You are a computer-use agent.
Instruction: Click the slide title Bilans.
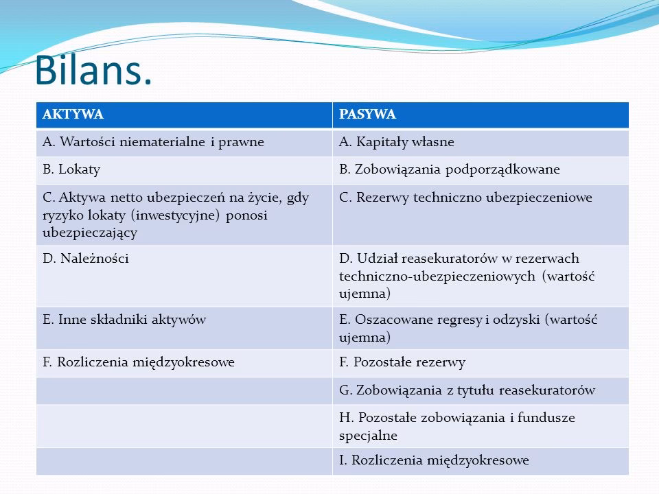coord(93,70)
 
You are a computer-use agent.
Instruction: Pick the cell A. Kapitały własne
coord(397,142)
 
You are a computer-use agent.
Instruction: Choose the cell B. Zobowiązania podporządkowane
coord(449,169)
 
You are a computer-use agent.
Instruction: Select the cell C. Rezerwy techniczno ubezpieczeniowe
coord(465,198)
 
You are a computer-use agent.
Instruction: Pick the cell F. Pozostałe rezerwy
coord(402,362)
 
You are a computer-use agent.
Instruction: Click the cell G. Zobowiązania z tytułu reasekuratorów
coord(467,390)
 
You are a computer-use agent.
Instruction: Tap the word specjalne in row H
coord(367,435)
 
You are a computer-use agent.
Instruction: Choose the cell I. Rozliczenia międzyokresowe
coord(434,460)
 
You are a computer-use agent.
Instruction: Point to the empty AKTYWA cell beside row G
coord(184,390)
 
